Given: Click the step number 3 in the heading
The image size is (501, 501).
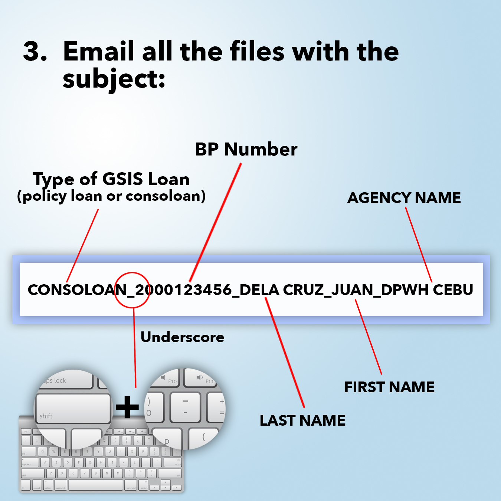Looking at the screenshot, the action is click(35, 51).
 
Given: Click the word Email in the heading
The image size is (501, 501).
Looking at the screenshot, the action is click(99, 51).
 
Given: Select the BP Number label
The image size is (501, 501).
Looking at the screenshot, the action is click(246, 149).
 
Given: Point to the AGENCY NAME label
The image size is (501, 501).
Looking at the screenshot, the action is click(404, 198).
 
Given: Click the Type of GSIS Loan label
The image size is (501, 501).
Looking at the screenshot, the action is click(111, 179).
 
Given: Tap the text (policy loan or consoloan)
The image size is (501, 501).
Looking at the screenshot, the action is click(111, 196).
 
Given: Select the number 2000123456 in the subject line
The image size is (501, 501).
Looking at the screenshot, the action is click(183, 290).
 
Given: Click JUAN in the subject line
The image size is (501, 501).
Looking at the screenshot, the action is click(352, 290).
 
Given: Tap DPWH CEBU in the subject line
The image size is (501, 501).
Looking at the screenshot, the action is click(427, 290).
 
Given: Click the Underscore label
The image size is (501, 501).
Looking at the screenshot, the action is click(182, 337).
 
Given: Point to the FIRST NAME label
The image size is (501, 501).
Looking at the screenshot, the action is click(389, 387).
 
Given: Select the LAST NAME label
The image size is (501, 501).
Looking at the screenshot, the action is click(302, 420).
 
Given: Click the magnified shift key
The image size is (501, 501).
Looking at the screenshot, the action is click(73, 408).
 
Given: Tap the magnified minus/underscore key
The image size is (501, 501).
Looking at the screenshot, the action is click(185, 407).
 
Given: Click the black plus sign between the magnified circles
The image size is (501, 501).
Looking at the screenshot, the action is click(127, 407).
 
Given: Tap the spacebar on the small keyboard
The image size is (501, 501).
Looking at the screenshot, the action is click(96, 485).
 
